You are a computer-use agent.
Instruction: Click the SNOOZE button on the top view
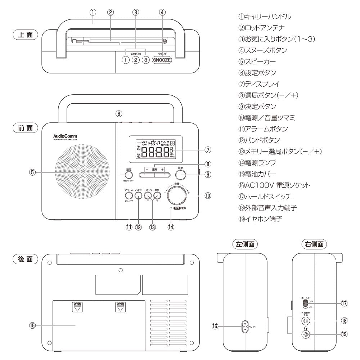[162, 60]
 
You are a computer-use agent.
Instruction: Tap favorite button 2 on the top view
[135, 60]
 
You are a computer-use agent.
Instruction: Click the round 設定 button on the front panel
[129, 175]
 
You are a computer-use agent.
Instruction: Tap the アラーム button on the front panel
[129, 195]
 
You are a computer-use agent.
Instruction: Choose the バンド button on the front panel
[138, 195]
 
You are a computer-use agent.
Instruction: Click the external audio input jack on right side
[306, 321]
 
